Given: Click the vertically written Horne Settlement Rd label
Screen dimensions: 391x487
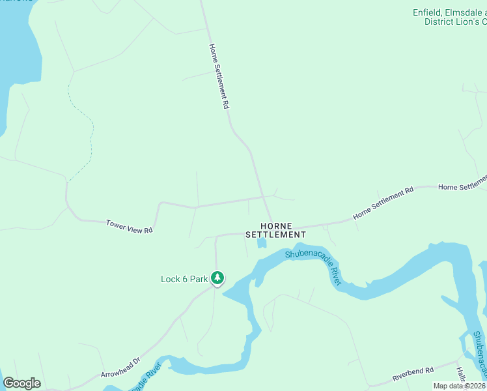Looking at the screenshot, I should [218, 76].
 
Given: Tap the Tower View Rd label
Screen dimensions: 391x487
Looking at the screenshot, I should [129, 226].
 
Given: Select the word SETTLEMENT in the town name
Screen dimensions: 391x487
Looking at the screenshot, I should [275, 235].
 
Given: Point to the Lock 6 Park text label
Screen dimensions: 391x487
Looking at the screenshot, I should [184, 280].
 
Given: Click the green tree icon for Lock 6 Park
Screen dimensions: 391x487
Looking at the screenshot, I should [217, 278].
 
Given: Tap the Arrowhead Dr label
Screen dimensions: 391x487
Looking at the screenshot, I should [120, 368].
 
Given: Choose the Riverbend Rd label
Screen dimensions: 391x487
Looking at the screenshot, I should [413, 374].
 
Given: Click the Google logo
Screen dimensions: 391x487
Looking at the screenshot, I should [22, 383].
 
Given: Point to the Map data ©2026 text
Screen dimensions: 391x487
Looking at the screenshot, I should [460, 386].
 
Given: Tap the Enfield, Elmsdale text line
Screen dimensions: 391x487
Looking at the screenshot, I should [449, 12].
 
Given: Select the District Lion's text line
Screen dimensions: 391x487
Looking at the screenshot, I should [455, 22].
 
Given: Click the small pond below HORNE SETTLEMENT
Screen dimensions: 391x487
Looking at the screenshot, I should [262, 243].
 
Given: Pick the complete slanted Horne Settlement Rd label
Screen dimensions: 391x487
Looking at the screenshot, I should [383, 203].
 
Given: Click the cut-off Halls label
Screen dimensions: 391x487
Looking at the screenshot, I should [460, 374].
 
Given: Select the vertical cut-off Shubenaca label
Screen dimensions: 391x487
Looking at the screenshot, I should [479, 355].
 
